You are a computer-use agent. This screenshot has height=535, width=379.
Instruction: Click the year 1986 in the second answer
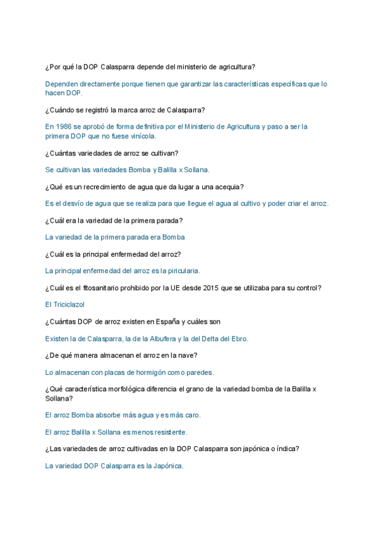64,127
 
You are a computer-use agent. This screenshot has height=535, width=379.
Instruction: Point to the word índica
286,449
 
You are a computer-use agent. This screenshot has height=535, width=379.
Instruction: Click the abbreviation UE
184,288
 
